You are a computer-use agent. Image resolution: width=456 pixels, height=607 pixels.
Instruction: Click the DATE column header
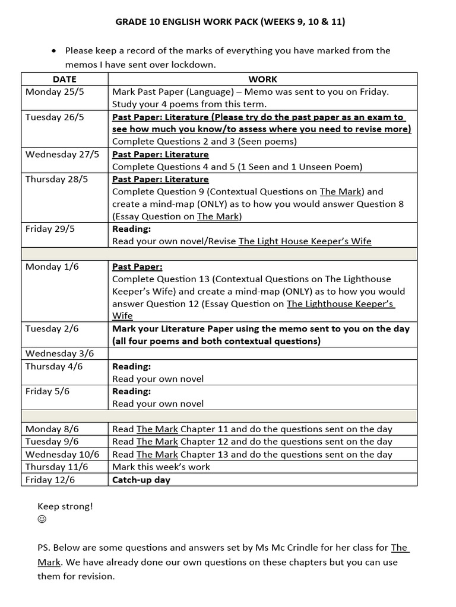click(x=64, y=79)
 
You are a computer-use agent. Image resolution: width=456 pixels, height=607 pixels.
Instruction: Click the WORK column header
click(x=262, y=79)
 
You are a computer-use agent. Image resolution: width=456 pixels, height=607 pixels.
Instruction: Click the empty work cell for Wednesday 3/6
click(x=262, y=354)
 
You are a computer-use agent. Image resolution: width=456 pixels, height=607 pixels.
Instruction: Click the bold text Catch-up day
click(x=141, y=480)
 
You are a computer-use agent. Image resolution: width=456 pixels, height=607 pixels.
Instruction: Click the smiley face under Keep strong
click(x=42, y=519)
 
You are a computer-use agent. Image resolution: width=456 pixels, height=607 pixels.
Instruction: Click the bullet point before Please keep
click(x=55, y=51)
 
